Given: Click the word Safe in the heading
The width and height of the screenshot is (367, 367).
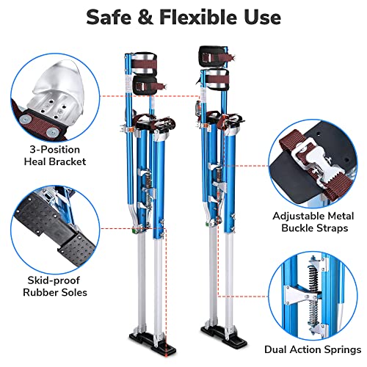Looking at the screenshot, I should coord(113,16).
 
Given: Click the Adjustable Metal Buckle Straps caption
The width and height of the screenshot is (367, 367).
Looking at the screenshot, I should coord(316,222).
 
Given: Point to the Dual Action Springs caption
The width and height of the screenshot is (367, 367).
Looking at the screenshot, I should coord(320,349).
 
